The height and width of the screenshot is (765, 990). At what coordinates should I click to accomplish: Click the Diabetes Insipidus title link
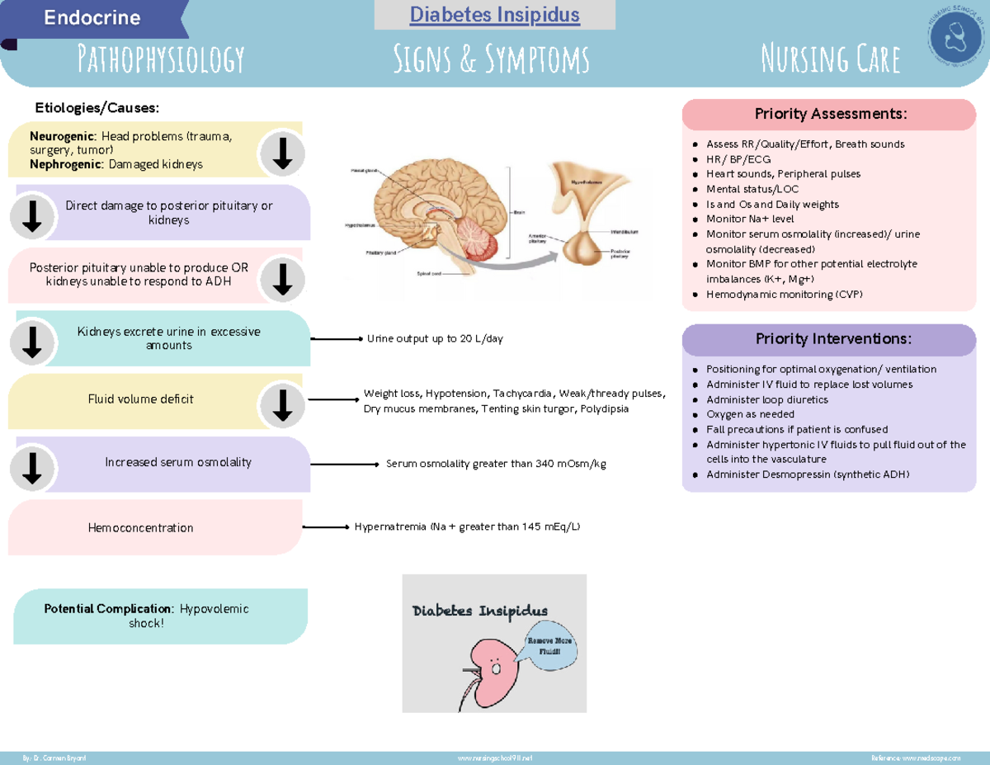(495, 15)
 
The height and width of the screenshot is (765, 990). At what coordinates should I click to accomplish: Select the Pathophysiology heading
(160, 59)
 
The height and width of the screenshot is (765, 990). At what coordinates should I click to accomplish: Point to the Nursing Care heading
(830, 59)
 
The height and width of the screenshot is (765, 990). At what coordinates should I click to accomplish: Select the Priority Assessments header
(829, 113)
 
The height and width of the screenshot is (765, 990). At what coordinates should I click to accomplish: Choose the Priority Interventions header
(829, 339)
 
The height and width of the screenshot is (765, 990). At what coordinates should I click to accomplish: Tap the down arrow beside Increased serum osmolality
(32, 468)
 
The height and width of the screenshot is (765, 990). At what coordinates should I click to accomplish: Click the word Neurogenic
(63, 136)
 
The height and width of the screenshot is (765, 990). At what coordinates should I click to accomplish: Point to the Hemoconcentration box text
(140, 528)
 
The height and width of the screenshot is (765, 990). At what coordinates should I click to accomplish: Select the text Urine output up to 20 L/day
(435, 338)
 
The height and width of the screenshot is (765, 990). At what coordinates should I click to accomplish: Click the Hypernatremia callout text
(467, 527)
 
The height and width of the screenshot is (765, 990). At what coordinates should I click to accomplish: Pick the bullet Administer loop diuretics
(766, 399)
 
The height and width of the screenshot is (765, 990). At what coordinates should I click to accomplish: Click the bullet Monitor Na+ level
(750, 219)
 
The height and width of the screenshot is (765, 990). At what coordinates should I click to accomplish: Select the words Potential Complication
(108, 608)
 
